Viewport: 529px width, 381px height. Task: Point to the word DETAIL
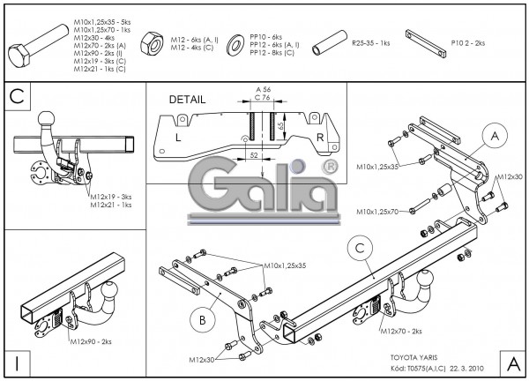pyautogui.click(x=186, y=100)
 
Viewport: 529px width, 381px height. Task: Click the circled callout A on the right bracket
pyautogui.click(x=495, y=136)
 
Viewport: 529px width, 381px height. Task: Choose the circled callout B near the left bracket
pyautogui.click(x=202, y=318)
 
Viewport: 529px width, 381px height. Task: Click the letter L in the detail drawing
pyautogui.click(x=178, y=138)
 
